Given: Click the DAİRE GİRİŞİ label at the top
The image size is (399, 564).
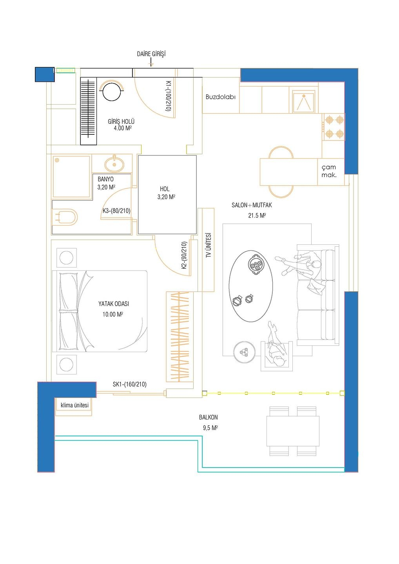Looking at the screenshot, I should tap(151, 54).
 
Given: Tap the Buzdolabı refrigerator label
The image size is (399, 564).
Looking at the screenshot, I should tap(220, 97).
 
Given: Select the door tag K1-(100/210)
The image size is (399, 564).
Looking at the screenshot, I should tap(168, 96).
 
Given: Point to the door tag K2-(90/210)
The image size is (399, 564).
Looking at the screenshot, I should tap(184, 255).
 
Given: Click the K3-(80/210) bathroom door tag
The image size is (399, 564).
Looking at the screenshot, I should tap(116, 211).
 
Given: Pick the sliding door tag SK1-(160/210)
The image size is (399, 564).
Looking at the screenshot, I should tap(129, 384).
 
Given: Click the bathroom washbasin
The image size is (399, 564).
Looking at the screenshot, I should tap(114, 163).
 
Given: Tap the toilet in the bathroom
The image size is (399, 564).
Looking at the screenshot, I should tap(65, 217).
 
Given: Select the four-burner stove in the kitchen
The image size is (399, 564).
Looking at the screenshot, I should tap(334, 127).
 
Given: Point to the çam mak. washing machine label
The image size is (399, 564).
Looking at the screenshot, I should tap(329, 171).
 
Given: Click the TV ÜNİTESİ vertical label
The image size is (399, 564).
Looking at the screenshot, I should tap(209, 245).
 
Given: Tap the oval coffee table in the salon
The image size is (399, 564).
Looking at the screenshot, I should tap(251, 286).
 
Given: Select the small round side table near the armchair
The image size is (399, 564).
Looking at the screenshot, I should tap(244, 352).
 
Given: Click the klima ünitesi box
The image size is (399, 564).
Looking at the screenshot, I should tap(74, 405).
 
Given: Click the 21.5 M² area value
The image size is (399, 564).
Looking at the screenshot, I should tap(257, 215).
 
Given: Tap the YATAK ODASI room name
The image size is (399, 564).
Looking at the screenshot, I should tap(113, 304).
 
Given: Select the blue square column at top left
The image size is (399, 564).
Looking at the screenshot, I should tap(45, 74).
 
